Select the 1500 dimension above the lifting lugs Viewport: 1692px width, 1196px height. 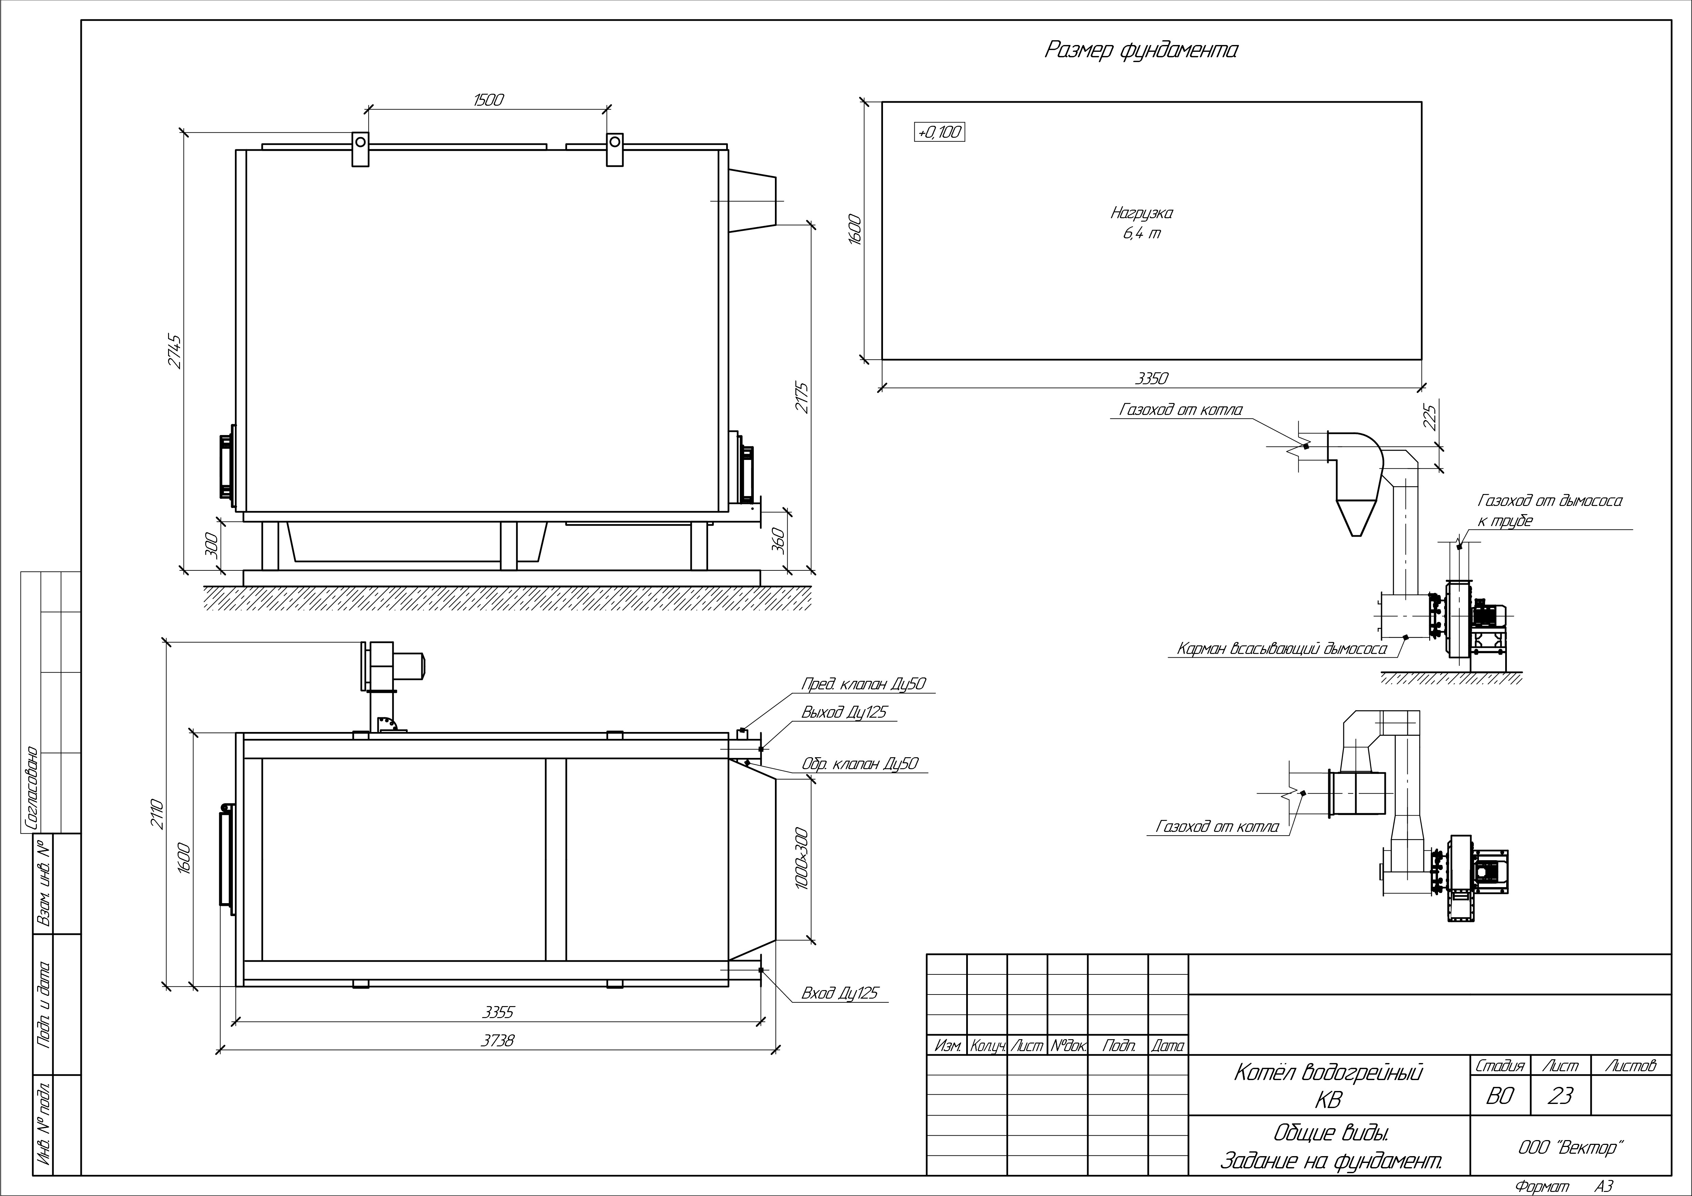488,100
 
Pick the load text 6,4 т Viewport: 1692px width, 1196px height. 1141,234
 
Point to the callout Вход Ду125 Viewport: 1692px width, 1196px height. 840,993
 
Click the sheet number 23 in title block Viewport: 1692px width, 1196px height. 1560,1096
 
